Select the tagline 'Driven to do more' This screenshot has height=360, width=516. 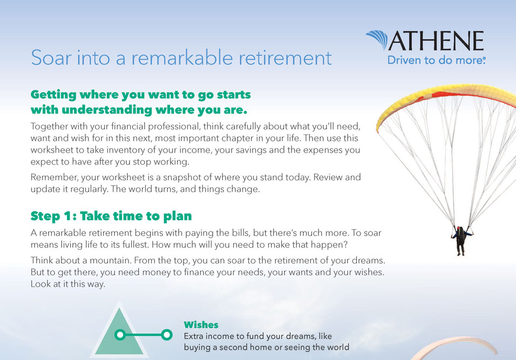pyautogui.click(x=436, y=60)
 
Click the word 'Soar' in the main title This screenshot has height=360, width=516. pyautogui.click(x=51, y=58)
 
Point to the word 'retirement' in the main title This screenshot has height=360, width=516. pyautogui.click(x=285, y=58)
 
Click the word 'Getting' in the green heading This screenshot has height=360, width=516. pyautogui.click(x=53, y=95)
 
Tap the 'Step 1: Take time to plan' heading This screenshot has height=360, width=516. pyautogui.click(x=111, y=216)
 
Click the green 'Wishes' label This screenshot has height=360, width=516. pyautogui.click(x=201, y=325)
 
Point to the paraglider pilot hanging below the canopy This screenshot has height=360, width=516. pyautogui.click(x=461, y=240)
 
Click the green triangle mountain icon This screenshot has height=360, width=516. pyautogui.click(x=119, y=332)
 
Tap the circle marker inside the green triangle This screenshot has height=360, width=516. pyautogui.click(x=120, y=335)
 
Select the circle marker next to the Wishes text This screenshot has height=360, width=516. pyautogui.click(x=167, y=335)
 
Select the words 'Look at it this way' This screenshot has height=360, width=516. pyautogui.click(x=68, y=284)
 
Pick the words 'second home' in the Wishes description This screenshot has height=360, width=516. pyautogui.click(x=249, y=347)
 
